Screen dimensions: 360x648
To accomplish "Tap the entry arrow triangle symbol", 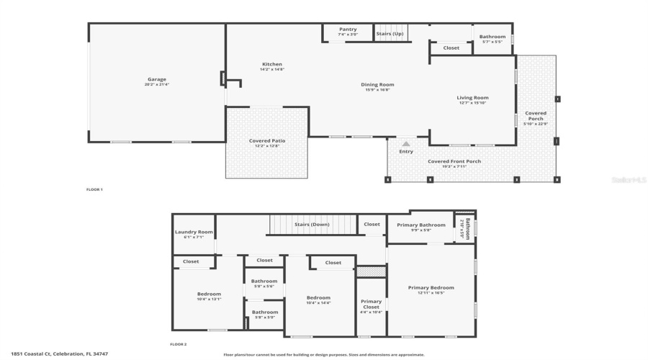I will pyautogui.click(x=406, y=144).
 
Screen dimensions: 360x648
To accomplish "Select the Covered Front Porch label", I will pyautogui.click(x=454, y=161).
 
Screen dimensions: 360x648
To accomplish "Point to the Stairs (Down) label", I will pyautogui.click(x=312, y=225).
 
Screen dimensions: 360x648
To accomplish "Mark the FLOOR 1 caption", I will pyautogui.click(x=94, y=189).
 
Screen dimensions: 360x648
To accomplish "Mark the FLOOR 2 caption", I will pyautogui.click(x=178, y=344).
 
